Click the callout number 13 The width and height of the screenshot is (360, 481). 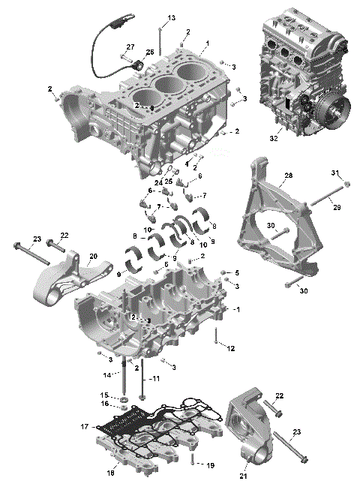[171, 17]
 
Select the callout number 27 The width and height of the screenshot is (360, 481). [130, 47]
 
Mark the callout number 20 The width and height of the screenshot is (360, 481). [93, 257]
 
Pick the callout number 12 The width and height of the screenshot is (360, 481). [231, 348]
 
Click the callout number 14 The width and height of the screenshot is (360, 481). [107, 374]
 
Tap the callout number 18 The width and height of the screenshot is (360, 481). [111, 473]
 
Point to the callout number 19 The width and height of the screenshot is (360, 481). [210, 465]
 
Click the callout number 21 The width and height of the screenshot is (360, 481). [241, 474]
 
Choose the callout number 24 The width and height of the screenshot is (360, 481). [159, 182]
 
